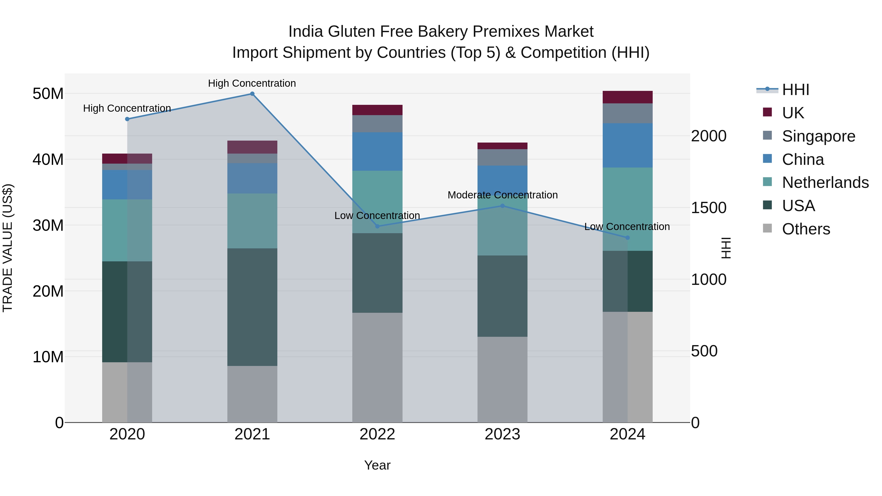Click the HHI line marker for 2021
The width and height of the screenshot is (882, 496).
(252, 94)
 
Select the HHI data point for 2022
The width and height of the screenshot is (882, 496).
(377, 226)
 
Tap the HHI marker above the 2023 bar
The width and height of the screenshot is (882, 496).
(502, 206)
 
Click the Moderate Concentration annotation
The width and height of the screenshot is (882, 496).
(502, 195)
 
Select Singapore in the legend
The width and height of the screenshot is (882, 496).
(818, 136)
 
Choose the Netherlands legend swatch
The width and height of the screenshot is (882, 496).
(767, 182)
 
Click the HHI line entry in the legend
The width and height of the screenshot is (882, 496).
(795, 90)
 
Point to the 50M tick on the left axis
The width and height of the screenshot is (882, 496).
(48, 94)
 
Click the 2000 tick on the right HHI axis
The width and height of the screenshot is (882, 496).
(708, 136)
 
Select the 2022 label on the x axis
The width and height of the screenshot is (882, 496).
(377, 434)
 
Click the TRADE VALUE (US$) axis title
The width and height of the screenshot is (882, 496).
(8, 248)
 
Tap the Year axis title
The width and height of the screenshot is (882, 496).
(377, 465)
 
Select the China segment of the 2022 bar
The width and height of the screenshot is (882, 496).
(377, 151)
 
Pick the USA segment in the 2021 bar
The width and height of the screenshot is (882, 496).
(252, 307)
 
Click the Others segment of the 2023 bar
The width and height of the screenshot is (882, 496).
(502, 379)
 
